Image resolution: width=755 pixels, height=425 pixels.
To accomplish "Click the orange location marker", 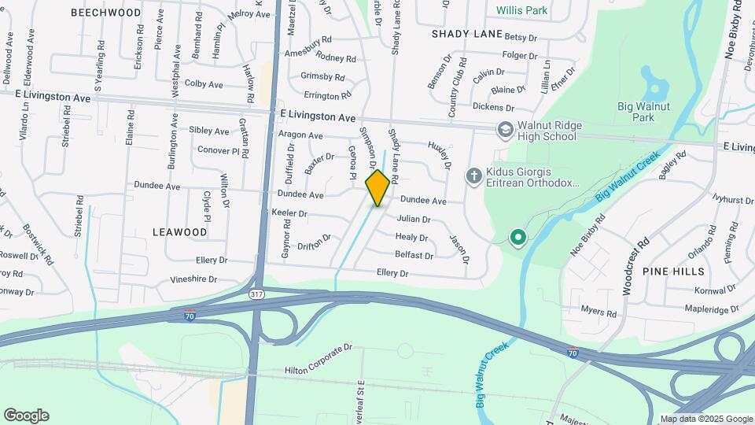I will click(x=377, y=187).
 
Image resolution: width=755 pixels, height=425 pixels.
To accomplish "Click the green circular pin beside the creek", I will click(x=517, y=236).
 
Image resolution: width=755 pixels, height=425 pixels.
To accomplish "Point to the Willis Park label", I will click(x=522, y=11).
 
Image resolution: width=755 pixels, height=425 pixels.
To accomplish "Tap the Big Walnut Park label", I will click(x=643, y=111).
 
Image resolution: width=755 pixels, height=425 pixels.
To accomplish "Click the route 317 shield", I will click(x=256, y=295).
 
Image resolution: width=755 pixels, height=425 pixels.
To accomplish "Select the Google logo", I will click(x=26, y=415).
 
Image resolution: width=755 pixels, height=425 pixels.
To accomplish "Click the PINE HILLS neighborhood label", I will click(x=673, y=270).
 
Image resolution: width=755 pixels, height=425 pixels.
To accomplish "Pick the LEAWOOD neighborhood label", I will click(x=181, y=232).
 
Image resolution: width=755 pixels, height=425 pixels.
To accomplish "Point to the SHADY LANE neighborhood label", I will click(x=467, y=34).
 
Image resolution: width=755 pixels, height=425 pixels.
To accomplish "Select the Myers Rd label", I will click(x=599, y=312).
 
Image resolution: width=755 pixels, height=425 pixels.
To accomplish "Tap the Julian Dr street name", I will click(x=414, y=220).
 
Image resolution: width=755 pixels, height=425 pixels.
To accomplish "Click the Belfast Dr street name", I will click(x=414, y=256).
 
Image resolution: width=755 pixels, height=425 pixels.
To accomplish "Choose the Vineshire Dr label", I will click(x=193, y=279).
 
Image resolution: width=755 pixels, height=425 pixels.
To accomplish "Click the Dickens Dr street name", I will click(x=493, y=107).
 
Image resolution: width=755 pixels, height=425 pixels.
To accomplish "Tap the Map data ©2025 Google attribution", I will click(x=705, y=419).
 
